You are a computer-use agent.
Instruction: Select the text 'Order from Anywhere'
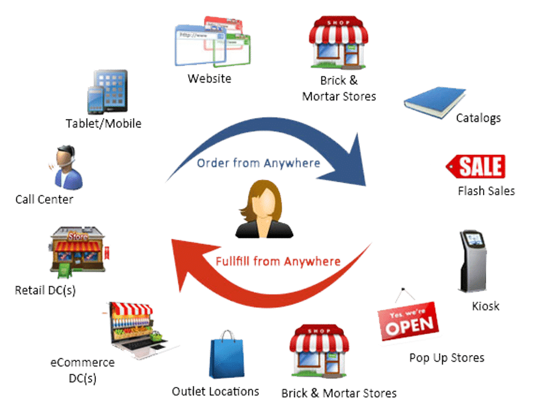[x=259, y=163]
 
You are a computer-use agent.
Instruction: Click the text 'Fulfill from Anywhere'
[x=278, y=262]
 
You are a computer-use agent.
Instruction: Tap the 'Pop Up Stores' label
[x=447, y=358]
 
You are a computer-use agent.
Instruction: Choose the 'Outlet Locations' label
[x=216, y=392]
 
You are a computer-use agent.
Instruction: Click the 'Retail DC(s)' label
[x=45, y=289]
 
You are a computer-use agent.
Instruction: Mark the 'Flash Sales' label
[x=486, y=191]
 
